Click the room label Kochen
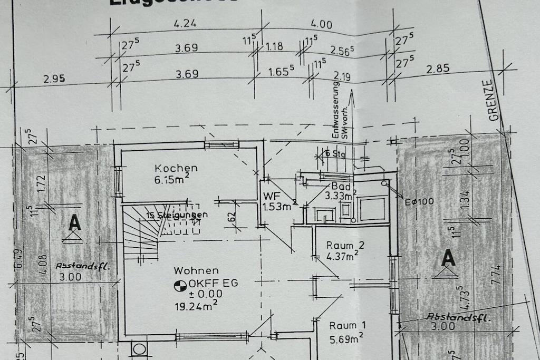[176, 168]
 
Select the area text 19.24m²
[196, 305]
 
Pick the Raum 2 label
[345, 245]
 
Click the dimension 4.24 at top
[185, 24]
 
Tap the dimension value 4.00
[322, 24]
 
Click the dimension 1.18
[274, 47]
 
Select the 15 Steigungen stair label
[178, 215]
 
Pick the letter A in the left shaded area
[75, 223]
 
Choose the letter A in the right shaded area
[448, 258]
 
